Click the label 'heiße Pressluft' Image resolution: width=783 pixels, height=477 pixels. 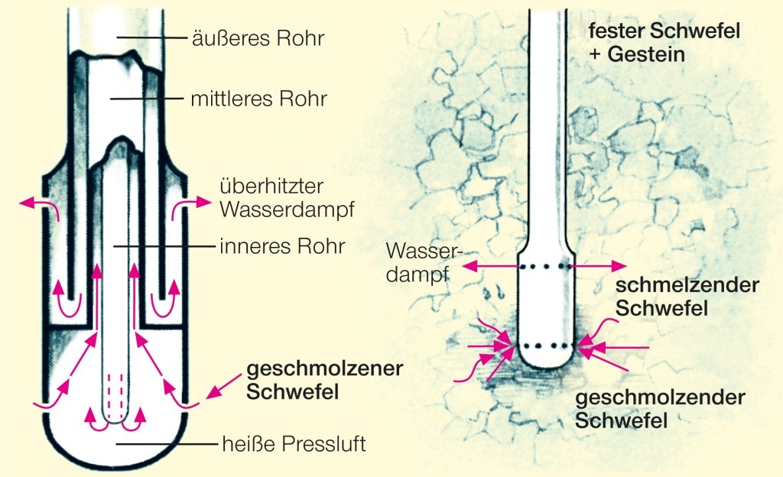pyautogui.click(x=293, y=443)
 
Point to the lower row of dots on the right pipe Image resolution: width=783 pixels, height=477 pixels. pyautogui.click(x=545, y=346)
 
